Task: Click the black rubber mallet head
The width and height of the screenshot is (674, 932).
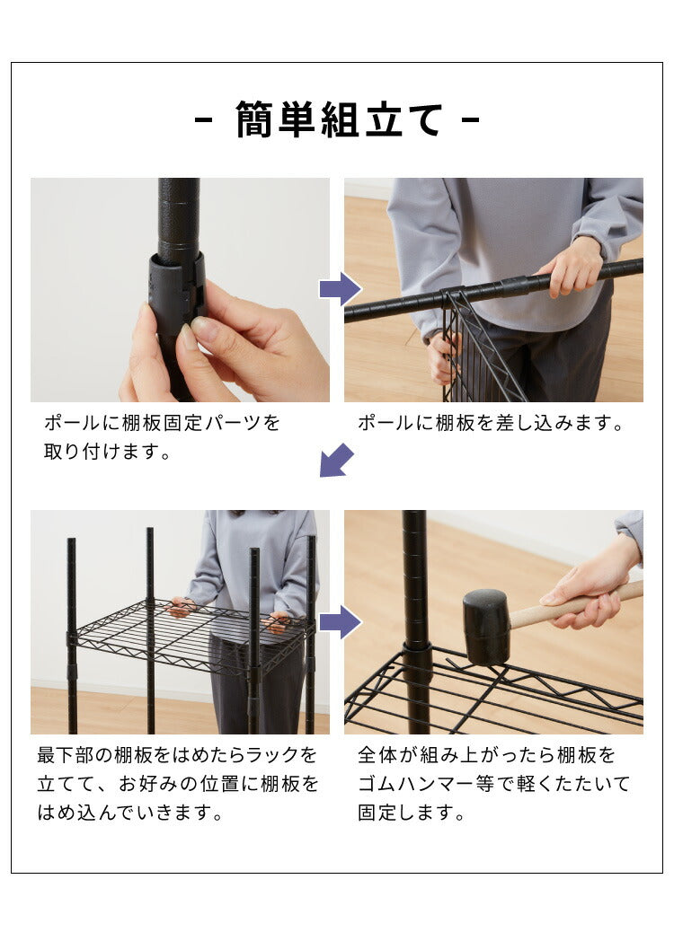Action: pyautogui.click(x=485, y=626)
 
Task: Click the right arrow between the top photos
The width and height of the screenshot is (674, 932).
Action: pyautogui.click(x=340, y=289)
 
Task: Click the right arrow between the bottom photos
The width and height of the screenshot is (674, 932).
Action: pyautogui.click(x=340, y=621)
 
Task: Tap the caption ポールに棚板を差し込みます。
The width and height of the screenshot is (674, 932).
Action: pyautogui.click(x=491, y=423)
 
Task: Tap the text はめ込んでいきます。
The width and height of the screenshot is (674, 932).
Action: pyautogui.click(x=131, y=813)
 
